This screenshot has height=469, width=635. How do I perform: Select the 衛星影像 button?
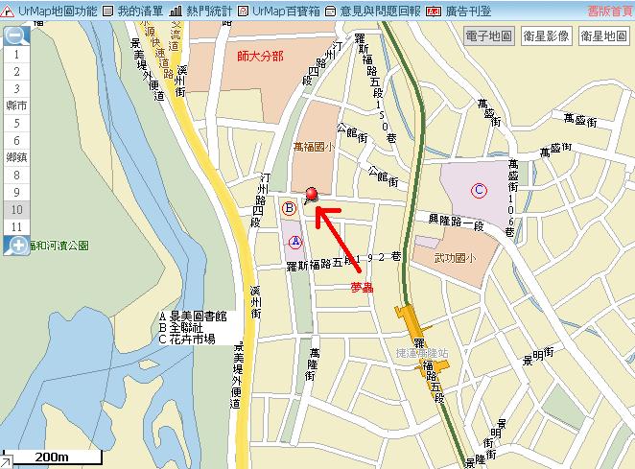pos(547,35)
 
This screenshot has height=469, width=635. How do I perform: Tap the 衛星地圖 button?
pos(603,35)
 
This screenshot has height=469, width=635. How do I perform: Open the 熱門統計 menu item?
pos(200,11)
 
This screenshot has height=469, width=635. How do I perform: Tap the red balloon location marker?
pos(311,196)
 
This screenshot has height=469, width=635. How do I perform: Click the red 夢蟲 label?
pos(362,286)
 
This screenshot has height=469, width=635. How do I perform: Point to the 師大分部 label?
pos(260,56)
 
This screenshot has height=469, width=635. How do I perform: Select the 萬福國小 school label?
pos(315,148)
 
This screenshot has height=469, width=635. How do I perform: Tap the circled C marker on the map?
pos(480,191)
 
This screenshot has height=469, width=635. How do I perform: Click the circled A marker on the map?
pos(295,242)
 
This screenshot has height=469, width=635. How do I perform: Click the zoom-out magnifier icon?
pos(16,36)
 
